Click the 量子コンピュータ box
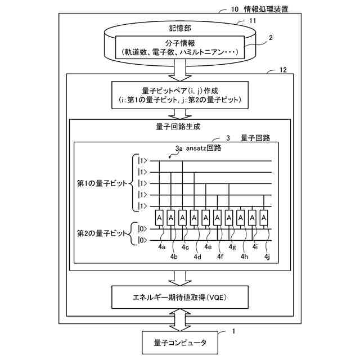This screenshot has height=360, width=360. [x=179, y=343]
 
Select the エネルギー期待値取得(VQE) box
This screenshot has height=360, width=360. [x=179, y=297]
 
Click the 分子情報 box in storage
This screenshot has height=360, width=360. [x=179, y=47]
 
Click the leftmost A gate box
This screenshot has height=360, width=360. [x=159, y=217]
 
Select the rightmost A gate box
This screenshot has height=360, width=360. [x=263, y=217]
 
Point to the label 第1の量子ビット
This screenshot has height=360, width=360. [x=103, y=183]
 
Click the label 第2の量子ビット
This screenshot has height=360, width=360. [x=103, y=233]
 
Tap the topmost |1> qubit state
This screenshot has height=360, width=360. [x=143, y=161]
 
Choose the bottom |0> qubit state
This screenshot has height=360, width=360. [x=143, y=240]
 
